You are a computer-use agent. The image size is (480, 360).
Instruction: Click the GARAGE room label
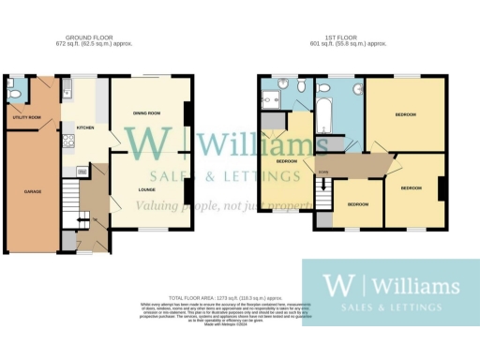(32, 191)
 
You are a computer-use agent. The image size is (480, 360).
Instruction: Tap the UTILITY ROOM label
(26, 117)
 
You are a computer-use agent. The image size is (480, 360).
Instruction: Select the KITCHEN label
(84, 126)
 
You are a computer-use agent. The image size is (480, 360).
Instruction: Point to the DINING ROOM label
(147, 112)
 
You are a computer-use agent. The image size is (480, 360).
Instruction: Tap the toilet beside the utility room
(11, 92)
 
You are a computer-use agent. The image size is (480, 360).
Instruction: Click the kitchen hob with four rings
(67, 142)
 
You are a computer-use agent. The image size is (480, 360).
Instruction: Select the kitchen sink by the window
(68, 91)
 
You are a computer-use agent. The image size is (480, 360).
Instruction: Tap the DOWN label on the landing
(322, 171)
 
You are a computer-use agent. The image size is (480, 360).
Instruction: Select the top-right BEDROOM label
(404, 114)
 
